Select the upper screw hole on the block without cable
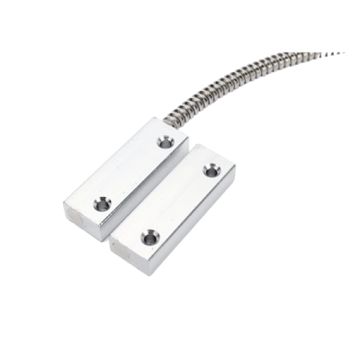[209, 171]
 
